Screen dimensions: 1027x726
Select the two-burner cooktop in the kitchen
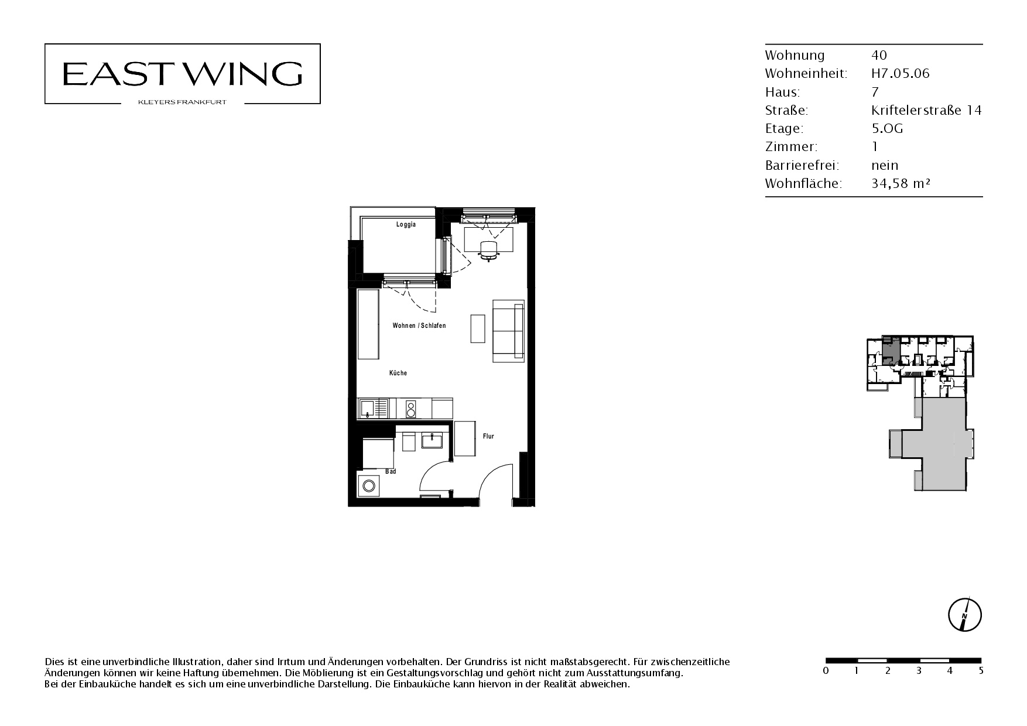pyautogui.click(x=411, y=408)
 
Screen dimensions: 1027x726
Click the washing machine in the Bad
pyautogui.click(x=369, y=485)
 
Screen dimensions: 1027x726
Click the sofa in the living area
pyautogui.click(x=508, y=331)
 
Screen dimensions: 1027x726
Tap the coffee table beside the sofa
pyautogui.click(x=478, y=328)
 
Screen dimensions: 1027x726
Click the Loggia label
pyautogui.click(x=406, y=225)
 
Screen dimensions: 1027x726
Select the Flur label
pyautogui.click(x=488, y=436)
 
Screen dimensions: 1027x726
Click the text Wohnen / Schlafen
pyautogui.click(x=419, y=326)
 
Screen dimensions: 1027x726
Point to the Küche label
pyautogui.click(x=398, y=373)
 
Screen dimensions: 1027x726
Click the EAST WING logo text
pyautogui.click(x=182, y=74)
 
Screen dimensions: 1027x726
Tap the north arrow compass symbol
pyautogui.click(x=964, y=615)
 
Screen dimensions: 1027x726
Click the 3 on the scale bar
pyautogui.click(x=919, y=671)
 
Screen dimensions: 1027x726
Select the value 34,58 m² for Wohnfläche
pyautogui.click(x=901, y=183)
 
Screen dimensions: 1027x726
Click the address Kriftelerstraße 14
pyautogui.click(x=926, y=110)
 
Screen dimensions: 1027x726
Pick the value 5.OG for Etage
pyautogui.click(x=887, y=128)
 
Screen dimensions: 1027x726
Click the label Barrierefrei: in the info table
pyautogui.click(x=802, y=165)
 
